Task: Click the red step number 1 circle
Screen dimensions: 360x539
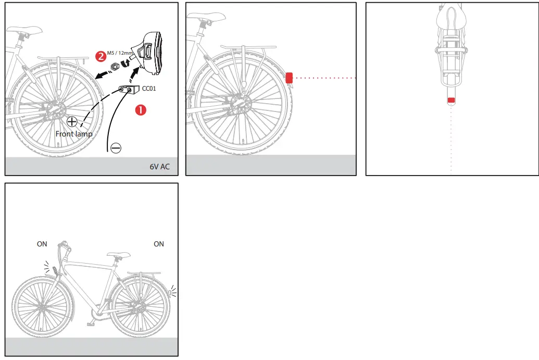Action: point(141,110)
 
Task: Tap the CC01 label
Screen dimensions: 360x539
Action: point(149,89)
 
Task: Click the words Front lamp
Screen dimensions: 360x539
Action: point(74,134)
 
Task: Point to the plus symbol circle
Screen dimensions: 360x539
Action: point(72,122)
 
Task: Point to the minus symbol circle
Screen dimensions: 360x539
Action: point(116,149)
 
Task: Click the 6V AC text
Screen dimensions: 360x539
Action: point(159,167)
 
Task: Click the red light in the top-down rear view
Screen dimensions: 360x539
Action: point(452,100)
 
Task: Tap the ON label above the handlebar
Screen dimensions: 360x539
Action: point(42,244)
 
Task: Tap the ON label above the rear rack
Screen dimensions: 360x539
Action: point(159,244)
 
